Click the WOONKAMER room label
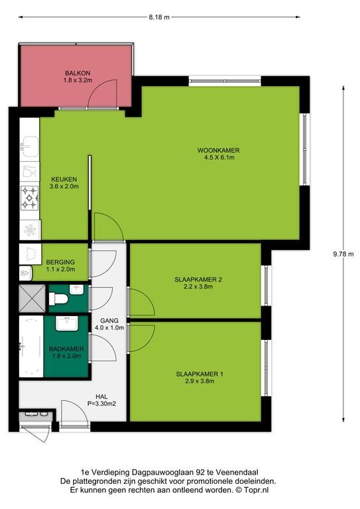pyautogui.click(x=219, y=150)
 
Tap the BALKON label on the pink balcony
pyautogui.click(x=78, y=73)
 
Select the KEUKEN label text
pyautogui.click(x=64, y=179)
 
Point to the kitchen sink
pyautogui.click(x=30, y=146)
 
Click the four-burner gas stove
pyautogui.click(x=30, y=198)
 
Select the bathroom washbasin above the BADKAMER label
pyautogui.click(x=66, y=323)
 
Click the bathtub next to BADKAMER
pyautogui.click(x=31, y=347)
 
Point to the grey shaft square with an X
pyautogui.click(x=32, y=298)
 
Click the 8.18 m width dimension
pyautogui.click(x=159, y=17)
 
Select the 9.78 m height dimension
pyautogui.click(x=343, y=254)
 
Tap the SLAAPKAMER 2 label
pyautogui.click(x=198, y=279)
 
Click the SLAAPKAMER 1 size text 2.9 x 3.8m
pyautogui.click(x=200, y=381)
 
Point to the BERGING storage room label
pyautogui.click(x=60, y=262)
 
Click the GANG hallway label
pyautogui.click(x=109, y=320)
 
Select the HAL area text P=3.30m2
pyautogui.click(x=101, y=404)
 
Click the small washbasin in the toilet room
pyautogui.click(x=77, y=290)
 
